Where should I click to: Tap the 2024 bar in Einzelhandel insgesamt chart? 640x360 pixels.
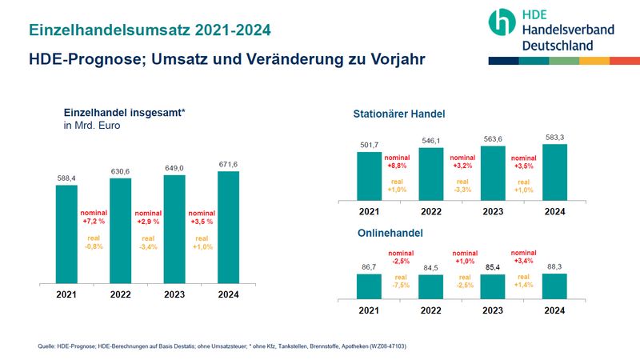point(228,227)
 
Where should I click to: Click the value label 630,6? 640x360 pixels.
point(121,170)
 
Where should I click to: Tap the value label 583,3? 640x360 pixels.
point(554,137)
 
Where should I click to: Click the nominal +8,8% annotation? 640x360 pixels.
point(398,162)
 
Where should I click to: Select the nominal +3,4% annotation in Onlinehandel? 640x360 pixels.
point(524,257)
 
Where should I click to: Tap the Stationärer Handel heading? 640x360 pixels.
point(399,114)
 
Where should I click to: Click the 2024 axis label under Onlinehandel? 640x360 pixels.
point(554,310)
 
